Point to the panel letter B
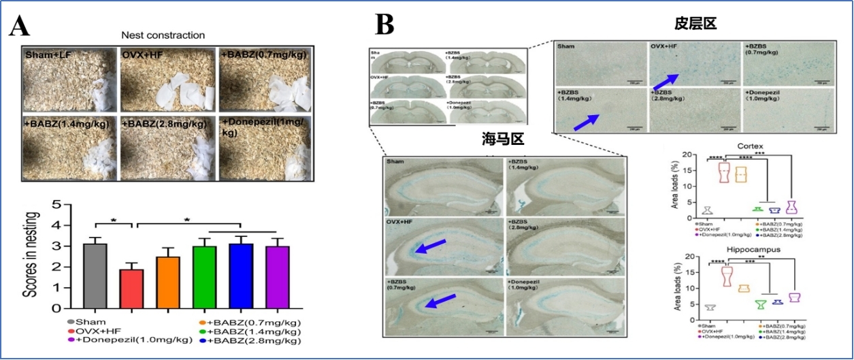point(384,26)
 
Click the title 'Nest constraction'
point(163,35)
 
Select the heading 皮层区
point(695,24)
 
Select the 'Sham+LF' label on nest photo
point(49,52)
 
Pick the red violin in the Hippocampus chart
point(727,276)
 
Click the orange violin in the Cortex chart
point(740,174)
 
